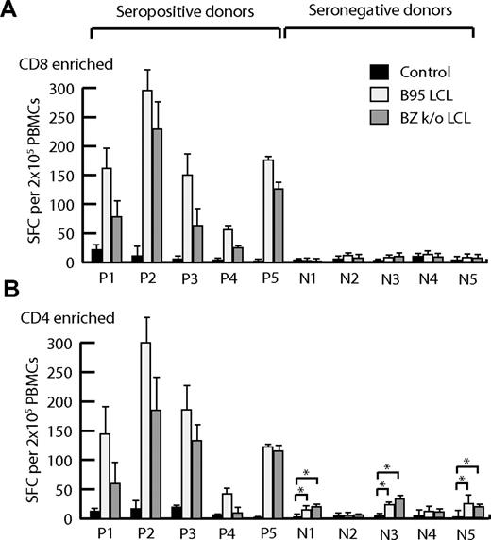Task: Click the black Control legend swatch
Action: [379, 71]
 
